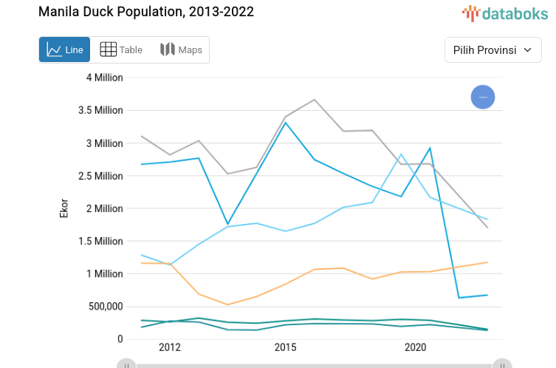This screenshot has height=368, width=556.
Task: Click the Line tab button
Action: tap(65, 50)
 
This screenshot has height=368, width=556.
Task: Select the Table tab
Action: tap(121, 50)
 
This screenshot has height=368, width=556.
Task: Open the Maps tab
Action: tap(181, 50)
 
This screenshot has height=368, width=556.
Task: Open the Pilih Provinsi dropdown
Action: tap(493, 50)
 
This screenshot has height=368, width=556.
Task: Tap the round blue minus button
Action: tap(483, 97)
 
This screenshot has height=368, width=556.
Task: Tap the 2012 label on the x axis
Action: tap(169, 347)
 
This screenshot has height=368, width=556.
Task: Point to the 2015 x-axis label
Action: tap(286, 347)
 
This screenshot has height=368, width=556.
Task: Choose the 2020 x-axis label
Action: tap(415, 347)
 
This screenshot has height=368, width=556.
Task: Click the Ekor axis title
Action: tap(64, 208)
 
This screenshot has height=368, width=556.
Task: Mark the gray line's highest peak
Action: tap(315, 100)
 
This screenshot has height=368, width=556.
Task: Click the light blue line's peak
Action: tap(401, 154)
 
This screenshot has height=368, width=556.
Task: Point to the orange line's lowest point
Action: tap(227, 304)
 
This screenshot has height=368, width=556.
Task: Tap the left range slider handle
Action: tap(126, 364)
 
